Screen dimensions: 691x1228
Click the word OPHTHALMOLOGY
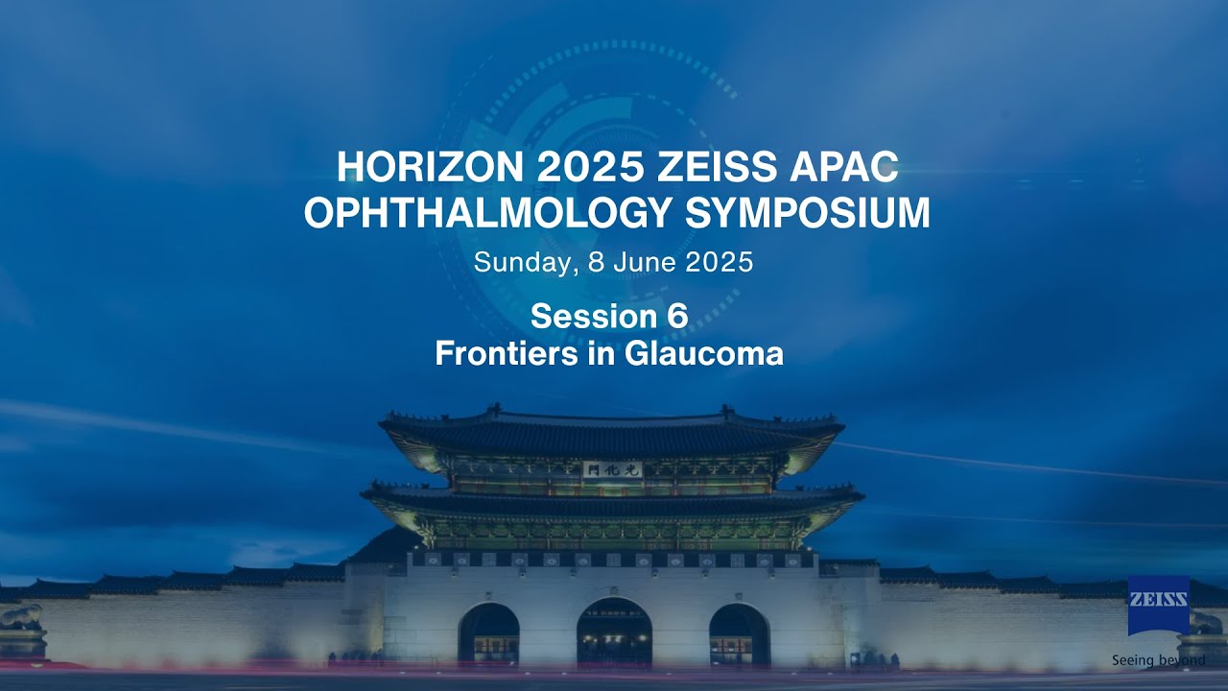click(488, 213)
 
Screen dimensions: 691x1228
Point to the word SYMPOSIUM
click(808, 213)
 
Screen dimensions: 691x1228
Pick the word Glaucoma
click(704, 353)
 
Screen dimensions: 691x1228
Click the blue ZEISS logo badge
click(1159, 605)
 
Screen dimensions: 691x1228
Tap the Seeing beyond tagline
click(1158, 660)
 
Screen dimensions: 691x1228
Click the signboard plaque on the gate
click(611, 469)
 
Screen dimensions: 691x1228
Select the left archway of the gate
click(488, 634)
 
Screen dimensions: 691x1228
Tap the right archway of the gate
click(739, 634)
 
